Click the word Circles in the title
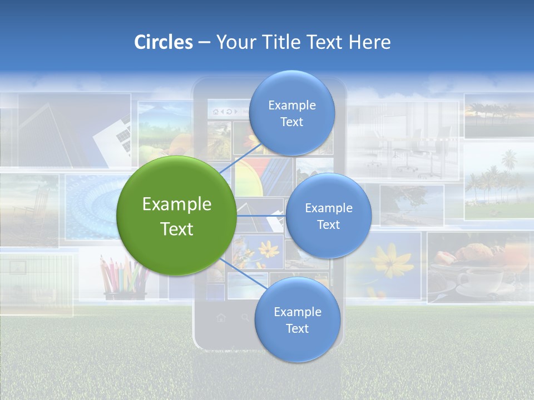[163, 42]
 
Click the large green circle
[177, 216]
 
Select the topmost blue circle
[291, 113]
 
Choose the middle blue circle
[328, 216]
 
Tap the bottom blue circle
[297, 319]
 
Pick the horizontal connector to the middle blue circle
[261, 216]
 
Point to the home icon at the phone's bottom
[221, 318]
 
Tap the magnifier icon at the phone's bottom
[245, 318]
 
